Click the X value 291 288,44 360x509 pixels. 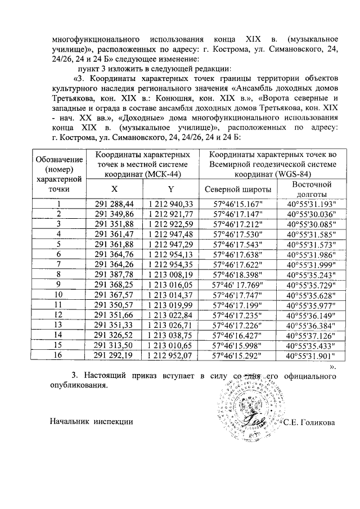115,204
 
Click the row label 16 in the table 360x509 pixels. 58,355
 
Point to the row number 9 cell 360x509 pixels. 58,285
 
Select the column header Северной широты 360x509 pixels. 240,190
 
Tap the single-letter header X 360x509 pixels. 115,189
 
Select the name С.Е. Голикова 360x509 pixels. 310,422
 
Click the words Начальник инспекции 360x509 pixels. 91,422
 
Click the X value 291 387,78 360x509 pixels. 115,274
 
